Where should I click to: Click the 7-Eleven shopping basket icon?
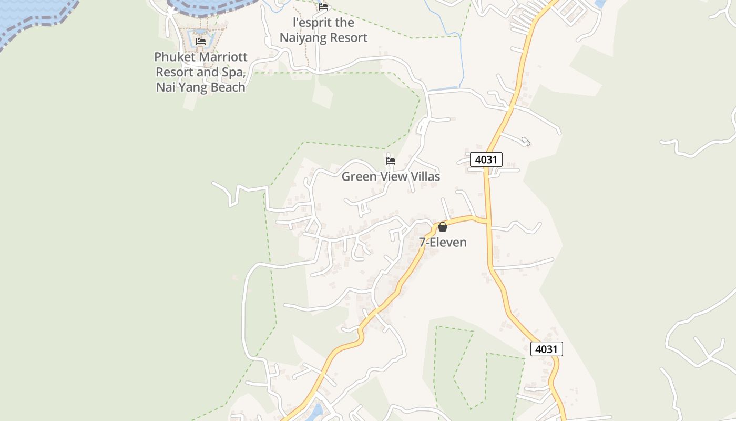click(x=443, y=227)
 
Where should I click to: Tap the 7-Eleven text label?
click(x=443, y=243)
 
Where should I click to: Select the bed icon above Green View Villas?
click(x=391, y=161)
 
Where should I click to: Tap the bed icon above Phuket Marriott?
click(x=201, y=42)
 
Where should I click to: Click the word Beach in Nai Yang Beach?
click(x=226, y=87)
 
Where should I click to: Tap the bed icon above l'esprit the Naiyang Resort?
click(x=323, y=7)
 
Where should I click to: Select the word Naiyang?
click(x=302, y=38)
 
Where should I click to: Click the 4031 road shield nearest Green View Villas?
click(x=486, y=159)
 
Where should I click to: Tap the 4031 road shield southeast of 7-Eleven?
click(x=547, y=349)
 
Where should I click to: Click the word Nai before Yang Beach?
click(x=165, y=87)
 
